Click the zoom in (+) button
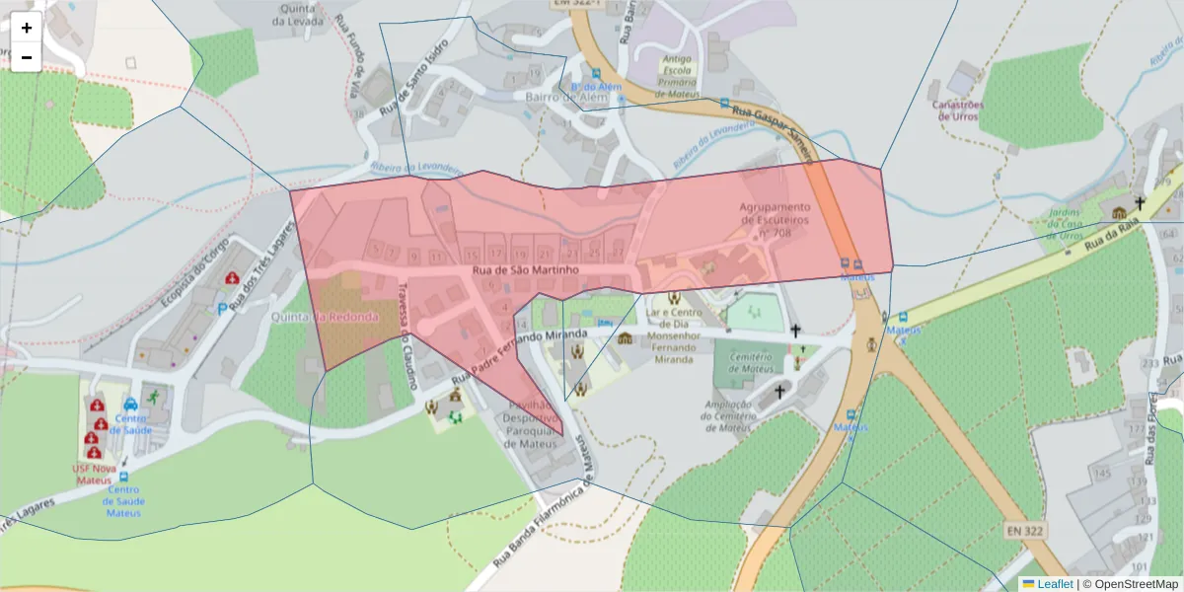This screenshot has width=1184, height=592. (27, 28)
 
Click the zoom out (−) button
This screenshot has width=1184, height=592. (27, 57)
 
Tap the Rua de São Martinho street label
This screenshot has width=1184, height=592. (524, 269)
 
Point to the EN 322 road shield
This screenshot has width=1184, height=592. (1026, 531)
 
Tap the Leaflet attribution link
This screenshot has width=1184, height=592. (1054, 584)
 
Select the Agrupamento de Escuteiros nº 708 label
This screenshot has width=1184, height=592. (775, 221)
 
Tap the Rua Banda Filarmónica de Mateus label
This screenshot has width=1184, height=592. (547, 513)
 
